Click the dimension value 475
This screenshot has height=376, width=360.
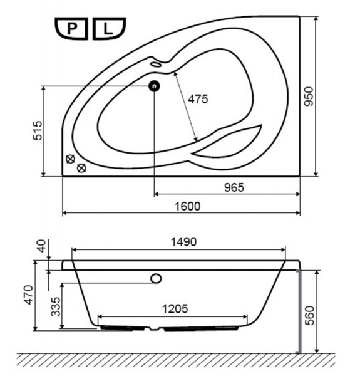coord(198,99)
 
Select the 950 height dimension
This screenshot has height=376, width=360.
coord(309,97)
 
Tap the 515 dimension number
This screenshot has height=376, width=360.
coord(38,130)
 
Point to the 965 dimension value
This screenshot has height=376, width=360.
coord(234,187)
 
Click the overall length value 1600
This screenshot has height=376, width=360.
coord(188,206)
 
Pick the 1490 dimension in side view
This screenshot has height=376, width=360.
coord(183,242)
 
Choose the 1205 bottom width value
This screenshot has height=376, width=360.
coord(175,308)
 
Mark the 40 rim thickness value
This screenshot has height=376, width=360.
coord(41,246)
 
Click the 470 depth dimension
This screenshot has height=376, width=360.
coord(29,295)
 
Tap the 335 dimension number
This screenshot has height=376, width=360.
coord(56,306)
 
